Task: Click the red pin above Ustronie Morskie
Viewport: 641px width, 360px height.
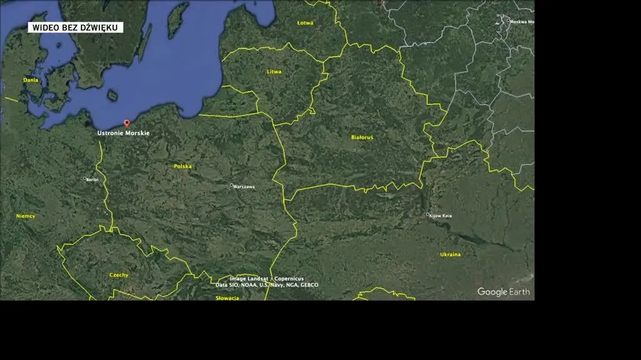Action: coord(127,123)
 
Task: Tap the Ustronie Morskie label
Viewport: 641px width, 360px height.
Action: coord(123,133)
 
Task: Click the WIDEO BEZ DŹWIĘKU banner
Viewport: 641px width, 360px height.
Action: coord(75,28)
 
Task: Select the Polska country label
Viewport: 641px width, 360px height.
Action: coord(183,167)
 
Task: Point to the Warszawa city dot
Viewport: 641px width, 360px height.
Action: coord(232,185)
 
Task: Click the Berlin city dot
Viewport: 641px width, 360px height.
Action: coord(85,178)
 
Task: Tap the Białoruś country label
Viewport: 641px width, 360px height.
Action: coord(362,137)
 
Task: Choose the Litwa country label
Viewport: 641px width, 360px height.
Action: coord(274,72)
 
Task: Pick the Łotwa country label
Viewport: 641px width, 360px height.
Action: coord(305,23)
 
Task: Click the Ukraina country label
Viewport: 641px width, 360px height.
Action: coord(450,255)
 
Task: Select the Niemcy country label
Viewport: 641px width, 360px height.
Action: coord(26,216)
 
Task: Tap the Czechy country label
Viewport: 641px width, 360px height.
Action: coord(119,275)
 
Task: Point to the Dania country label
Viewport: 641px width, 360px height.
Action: coord(31,80)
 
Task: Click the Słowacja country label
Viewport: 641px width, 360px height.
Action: coord(227,298)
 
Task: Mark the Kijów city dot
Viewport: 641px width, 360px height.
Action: coord(428,214)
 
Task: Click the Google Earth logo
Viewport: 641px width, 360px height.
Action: coord(503,292)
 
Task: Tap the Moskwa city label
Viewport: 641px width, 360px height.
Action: coord(521,22)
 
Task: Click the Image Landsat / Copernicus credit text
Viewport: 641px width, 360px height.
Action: coord(267,279)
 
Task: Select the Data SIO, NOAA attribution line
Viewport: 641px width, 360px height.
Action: coord(267,285)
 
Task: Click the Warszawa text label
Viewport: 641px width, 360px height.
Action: coord(244,187)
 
